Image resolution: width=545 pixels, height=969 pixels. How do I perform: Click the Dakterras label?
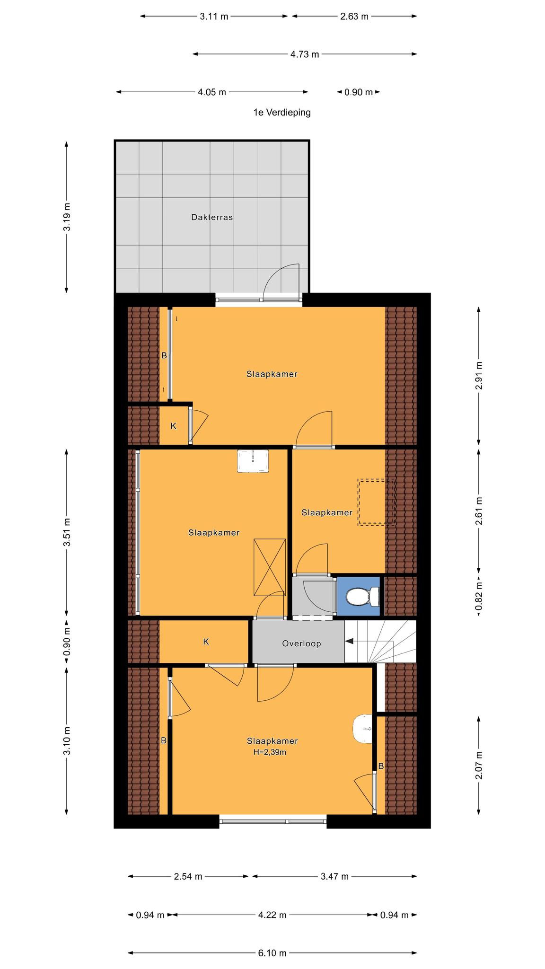(x=212, y=218)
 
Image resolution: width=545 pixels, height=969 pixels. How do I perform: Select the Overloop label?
(x=301, y=643)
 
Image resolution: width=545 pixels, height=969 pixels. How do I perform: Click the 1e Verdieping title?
(x=282, y=113)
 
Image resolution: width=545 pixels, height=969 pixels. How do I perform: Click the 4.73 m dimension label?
(x=305, y=54)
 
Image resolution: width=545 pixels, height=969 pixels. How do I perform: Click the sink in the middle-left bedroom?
(x=253, y=461)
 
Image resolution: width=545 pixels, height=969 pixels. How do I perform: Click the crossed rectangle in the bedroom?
(x=270, y=567)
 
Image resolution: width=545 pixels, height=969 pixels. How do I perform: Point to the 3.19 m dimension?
(x=66, y=217)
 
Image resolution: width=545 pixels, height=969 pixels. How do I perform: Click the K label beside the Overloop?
(x=206, y=642)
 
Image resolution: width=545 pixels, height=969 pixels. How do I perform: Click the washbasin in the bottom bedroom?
(x=363, y=729)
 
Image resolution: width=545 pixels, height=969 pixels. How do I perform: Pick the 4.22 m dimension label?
(x=272, y=915)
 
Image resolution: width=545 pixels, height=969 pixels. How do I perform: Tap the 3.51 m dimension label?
(x=67, y=532)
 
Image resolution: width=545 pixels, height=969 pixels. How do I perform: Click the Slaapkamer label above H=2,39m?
(x=272, y=741)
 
